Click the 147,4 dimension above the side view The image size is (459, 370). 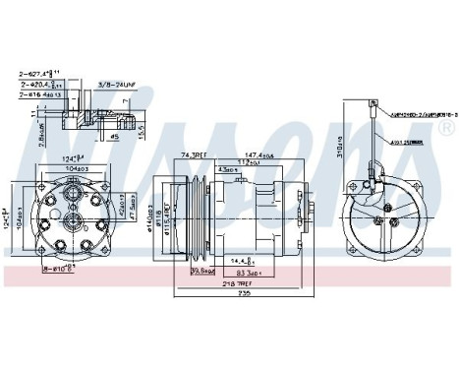pyautogui.click(x=260, y=154)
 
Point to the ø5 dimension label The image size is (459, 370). pyautogui.click(x=115, y=137)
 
